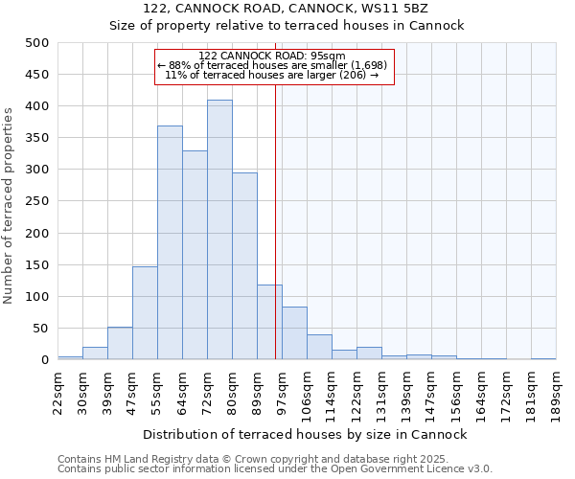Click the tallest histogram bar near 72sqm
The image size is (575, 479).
[219, 230]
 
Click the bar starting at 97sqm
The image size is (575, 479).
[294, 333]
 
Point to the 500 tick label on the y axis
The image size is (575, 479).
[37, 43]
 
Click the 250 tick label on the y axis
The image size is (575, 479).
[37, 201]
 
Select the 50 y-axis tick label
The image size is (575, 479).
[41, 329]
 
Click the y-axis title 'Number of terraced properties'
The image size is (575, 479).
[11, 205]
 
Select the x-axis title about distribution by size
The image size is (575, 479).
[305, 434]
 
